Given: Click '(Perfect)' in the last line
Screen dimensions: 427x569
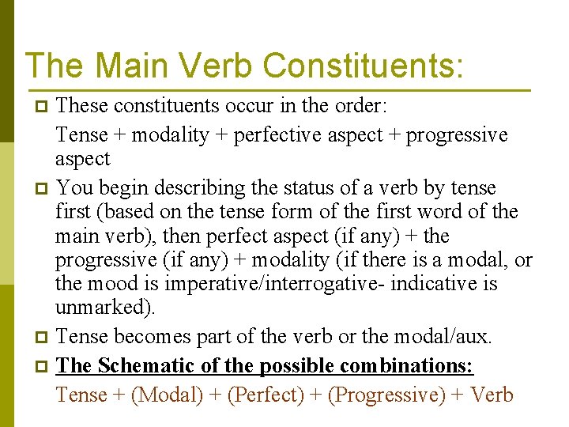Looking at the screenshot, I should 265,395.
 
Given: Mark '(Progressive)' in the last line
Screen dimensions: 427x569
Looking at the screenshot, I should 386,395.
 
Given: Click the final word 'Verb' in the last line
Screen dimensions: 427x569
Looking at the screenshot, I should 492,395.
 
